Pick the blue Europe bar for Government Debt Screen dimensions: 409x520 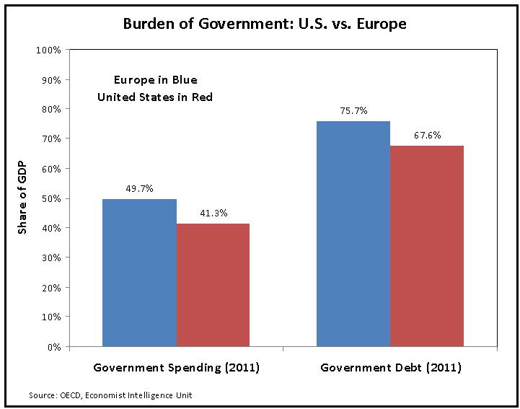pyautogui.click(x=353, y=234)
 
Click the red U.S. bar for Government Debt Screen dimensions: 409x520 pyautogui.click(x=427, y=246)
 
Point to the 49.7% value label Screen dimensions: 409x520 pyautogui.click(x=139, y=188)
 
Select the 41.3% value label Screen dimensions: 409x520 pyautogui.click(x=213, y=213)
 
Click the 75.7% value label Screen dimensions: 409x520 pyautogui.click(x=353, y=110)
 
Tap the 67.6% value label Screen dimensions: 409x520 pyautogui.click(x=427, y=135)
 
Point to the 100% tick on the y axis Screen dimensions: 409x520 pyautogui.click(x=48, y=50)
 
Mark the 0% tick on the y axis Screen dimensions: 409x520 pyautogui.click(x=53, y=347)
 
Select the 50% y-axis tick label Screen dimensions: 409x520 pyautogui.click(x=50, y=198)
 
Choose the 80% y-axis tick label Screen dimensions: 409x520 pyautogui.click(x=50, y=109)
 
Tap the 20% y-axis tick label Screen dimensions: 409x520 pyautogui.click(x=50, y=288)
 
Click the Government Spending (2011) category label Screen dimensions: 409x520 pyautogui.click(x=176, y=368)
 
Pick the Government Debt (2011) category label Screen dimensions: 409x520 pyautogui.click(x=390, y=368)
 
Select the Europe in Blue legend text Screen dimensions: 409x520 pyautogui.click(x=155, y=79)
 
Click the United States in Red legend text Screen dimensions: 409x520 pyautogui.click(x=155, y=97)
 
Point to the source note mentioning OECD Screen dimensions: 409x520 pyautogui.click(x=110, y=395)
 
